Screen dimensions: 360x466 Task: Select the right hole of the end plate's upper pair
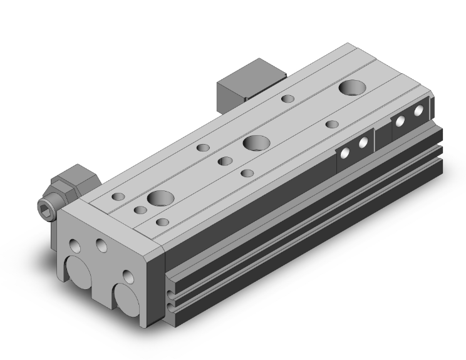100,244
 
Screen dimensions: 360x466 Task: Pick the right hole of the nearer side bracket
363,143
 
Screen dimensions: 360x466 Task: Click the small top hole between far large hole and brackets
333,124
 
